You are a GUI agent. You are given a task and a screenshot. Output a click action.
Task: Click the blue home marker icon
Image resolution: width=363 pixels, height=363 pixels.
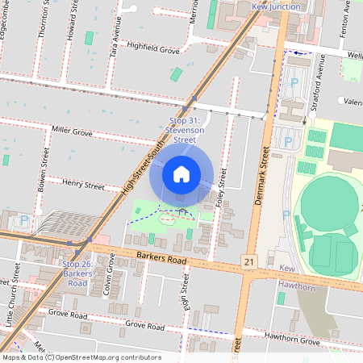(181, 173)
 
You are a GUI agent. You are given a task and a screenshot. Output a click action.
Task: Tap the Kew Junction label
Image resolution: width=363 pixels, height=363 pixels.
(276, 6)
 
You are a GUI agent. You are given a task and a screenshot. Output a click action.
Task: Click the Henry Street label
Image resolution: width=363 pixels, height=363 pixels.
(83, 186)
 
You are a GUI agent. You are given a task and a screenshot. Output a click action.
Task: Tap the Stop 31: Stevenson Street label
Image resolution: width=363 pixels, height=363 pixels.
(181, 129)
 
